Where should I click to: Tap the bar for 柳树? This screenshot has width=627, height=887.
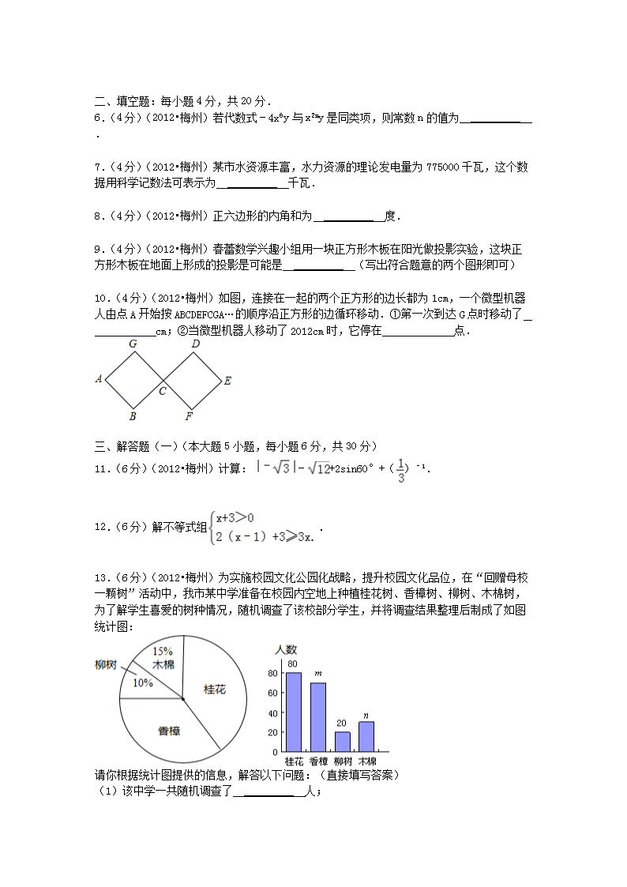pyautogui.click(x=342, y=741)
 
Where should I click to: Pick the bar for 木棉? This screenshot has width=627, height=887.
pyautogui.click(x=366, y=736)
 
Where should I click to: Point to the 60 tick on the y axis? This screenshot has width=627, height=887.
pyautogui.click(x=273, y=693)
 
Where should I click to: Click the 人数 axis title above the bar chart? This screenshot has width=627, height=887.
pyautogui.click(x=285, y=649)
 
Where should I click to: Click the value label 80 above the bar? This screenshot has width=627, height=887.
pyautogui.click(x=292, y=663)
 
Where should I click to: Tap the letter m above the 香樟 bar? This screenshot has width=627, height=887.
pyautogui.click(x=317, y=674)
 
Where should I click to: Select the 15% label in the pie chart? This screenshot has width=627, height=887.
pyautogui.click(x=162, y=651)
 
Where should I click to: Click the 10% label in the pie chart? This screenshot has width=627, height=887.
pyautogui.click(x=143, y=682)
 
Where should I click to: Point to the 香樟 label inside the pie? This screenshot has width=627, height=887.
pyautogui.click(x=169, y=731)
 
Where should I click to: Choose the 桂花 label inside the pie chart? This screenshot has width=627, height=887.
pyautogui.click(x=215, y=690)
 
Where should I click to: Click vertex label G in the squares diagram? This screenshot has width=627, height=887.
pyautogui.click(x=133, y=344)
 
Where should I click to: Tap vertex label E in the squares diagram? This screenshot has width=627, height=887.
pyautogui.click(x=227, y=381)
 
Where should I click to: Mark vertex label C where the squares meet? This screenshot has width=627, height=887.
pyautogui.click(x=163, y=391)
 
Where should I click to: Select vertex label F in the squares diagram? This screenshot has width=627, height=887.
pyautogui.click(x=189, y=415)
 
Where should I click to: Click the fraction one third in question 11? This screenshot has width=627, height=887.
pyautogui.click(x=401, y=470)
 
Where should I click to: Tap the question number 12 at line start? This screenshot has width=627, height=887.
pyautogui.click(x=101, y=527)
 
